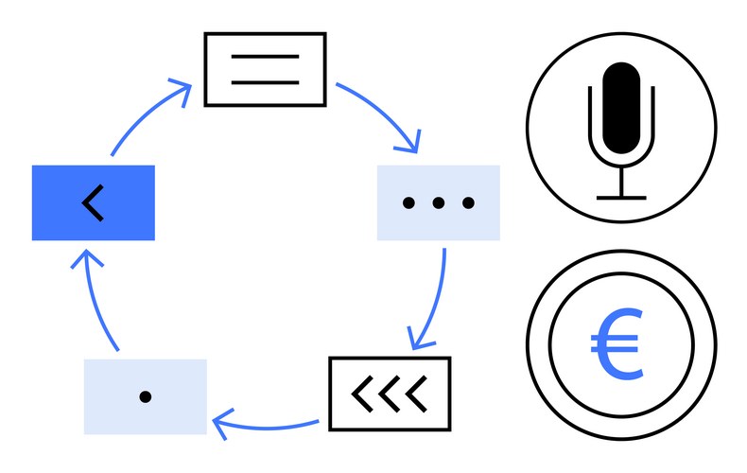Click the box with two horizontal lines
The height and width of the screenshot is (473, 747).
click(266, 69)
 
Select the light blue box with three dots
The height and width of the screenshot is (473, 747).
click(438, 202)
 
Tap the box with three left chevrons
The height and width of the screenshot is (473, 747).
click(390, 393)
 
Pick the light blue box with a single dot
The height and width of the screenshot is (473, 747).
click(145, 396)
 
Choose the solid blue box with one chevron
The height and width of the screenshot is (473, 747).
click(93, 202)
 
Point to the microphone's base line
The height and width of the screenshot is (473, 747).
click(621, 197)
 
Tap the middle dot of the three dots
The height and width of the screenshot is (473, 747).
click(438, 202)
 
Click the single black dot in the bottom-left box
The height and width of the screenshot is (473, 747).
click(145, 397)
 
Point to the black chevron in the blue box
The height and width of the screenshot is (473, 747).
click(92, 202)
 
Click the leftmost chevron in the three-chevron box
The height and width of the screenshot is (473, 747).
click(361, 393)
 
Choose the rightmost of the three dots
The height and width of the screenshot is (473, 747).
click(467, 202)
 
